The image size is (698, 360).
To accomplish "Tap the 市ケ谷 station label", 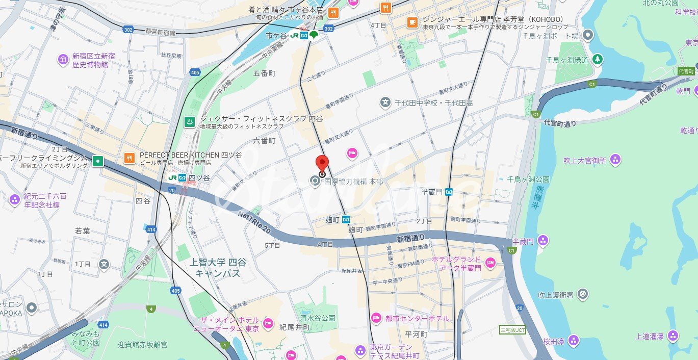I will point(276,35).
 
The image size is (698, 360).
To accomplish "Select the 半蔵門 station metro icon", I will point(449,192).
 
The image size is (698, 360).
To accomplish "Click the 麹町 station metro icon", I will point(346,219).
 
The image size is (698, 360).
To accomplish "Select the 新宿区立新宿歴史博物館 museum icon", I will point(63,60).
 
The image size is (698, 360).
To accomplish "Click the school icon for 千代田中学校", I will point(385,103).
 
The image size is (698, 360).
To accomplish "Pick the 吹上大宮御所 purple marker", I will point(615,160).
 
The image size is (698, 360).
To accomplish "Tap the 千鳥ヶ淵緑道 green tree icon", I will point(597,60).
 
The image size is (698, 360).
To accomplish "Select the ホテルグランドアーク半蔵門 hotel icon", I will point(490,263).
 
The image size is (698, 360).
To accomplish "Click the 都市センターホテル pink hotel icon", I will point(376,318).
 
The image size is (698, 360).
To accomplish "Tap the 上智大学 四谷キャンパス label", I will point(217,268).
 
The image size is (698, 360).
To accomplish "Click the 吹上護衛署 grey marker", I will point(583,295).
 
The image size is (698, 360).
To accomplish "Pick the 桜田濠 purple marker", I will point(574,340).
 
